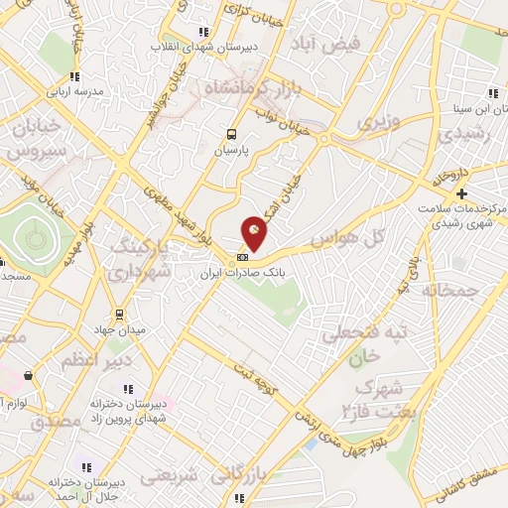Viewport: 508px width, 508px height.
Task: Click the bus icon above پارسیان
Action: point(231,135)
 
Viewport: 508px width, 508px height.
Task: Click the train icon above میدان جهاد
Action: point(118,314)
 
